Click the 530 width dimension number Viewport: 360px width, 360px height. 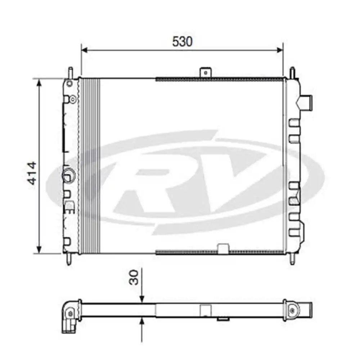coord(182,42)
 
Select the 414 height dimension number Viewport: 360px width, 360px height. coord(32,173)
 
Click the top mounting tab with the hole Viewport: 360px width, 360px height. coord(206,72)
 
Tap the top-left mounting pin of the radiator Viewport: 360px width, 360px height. coord(71,72)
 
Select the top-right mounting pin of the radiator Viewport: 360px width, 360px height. coord(292,72)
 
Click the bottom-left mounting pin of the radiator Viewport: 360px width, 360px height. coord(68,259)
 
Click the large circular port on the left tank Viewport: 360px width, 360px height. coord(68,175)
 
